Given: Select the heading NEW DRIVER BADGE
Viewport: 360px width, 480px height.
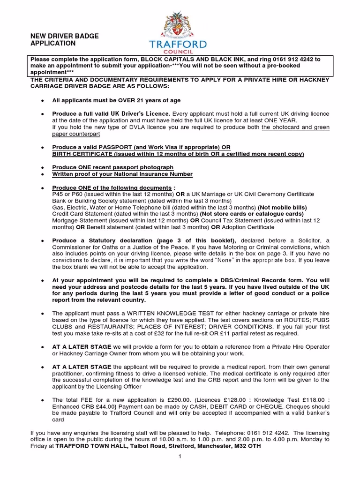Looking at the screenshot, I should [65, 36].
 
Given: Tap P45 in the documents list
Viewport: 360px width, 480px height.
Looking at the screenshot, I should [58, 194].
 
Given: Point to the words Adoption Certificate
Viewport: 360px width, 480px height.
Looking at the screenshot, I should [248, 227].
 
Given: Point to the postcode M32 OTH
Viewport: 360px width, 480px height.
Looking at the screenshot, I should [247, 446].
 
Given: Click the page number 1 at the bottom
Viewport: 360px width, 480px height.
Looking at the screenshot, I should [180, 457].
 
